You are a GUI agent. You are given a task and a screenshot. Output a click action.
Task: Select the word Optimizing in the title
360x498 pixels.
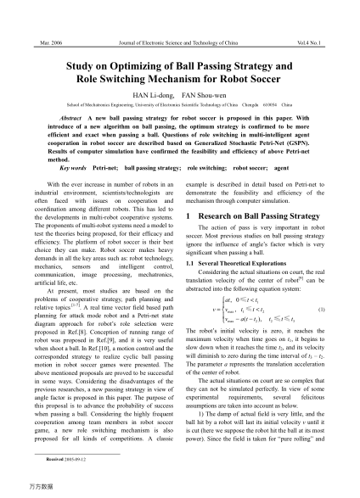coord(155,63)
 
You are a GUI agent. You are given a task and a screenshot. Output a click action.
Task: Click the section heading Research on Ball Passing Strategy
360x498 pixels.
coord(260,217)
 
